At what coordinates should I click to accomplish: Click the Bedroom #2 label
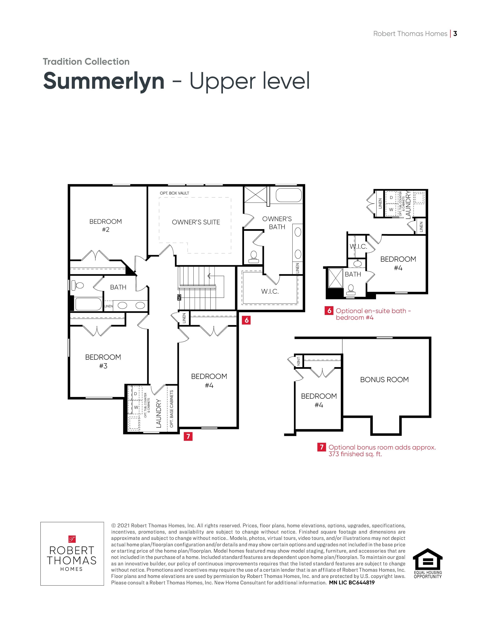(x=105, y=226)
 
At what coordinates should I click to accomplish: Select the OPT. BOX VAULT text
(x=174, y=193)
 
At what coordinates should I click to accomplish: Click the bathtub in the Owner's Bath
(x=289, y=195)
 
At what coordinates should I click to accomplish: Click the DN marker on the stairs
(x=180, y=297)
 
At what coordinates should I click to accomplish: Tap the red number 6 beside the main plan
(x=246, y=320)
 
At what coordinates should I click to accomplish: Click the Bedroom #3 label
(x=103, y=361)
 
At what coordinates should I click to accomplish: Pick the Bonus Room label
(x=384, y=380)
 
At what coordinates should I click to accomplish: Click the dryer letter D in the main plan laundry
(x=136, y=394)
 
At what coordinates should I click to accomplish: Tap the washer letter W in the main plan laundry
(x=136, y=407)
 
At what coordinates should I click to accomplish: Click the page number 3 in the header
(x=455, y=34)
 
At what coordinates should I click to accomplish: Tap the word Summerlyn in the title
(x=104, y=81)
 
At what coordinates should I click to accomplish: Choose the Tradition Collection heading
(x=86, y=61)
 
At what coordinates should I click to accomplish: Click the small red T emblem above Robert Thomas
(x=72, y=539)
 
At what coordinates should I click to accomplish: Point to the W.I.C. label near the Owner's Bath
(x=270, y=291)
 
